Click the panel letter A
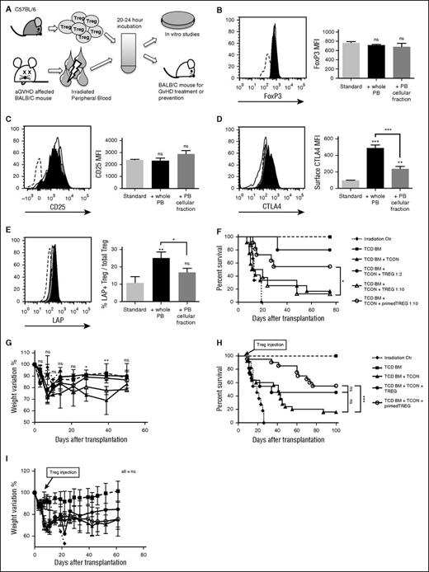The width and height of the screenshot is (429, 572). tap(7, 6)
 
